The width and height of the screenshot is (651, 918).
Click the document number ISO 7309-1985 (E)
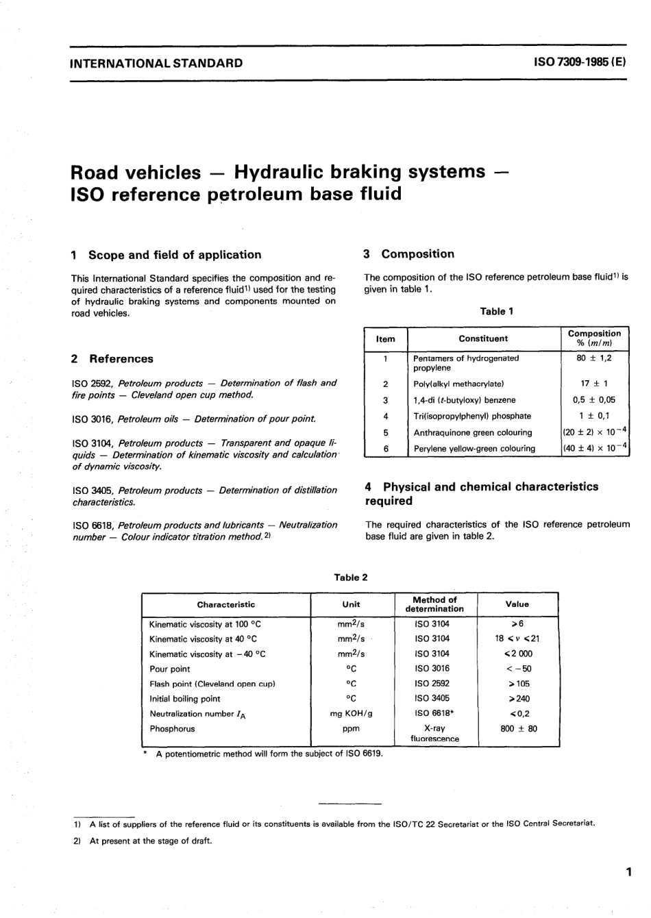[579, 63]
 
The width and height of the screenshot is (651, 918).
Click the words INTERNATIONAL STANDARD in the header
[157, 64]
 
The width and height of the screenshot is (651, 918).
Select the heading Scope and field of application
[174, 255]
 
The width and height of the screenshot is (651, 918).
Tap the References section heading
[121, 359]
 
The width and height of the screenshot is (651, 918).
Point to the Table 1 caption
[497, 312]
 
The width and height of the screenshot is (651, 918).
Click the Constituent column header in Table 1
[483, 338]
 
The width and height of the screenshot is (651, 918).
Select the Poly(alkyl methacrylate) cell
[458, 384]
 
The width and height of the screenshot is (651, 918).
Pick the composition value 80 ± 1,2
[594, 358]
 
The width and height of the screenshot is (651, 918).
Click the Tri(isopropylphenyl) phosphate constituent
[472, 416]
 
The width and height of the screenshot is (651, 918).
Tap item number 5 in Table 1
[386, 432]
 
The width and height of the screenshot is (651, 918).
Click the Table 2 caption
[350, 578]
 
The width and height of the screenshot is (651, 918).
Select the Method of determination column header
[434, 604]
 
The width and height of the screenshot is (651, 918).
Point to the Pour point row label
[170, 669]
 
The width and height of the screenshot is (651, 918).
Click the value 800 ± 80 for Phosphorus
[519, 729]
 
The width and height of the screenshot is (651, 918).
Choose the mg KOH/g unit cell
[351, 714]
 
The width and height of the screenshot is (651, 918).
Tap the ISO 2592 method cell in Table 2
[432, 684]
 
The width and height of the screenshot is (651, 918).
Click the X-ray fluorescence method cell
[434, 734]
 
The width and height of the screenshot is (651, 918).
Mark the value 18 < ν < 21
[517, 638]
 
